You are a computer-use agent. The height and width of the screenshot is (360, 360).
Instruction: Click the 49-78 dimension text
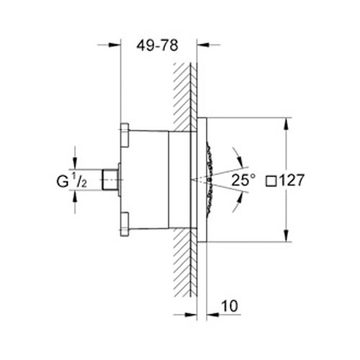(x=157, y=45)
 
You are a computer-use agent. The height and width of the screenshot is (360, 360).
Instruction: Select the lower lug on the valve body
(x=124, y=222)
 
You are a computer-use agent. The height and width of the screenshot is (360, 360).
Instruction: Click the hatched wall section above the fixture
(x=184, y=86)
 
